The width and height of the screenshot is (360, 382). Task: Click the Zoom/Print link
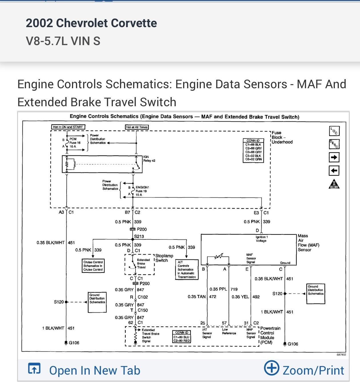pos(304,370)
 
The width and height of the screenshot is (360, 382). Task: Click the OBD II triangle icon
pos(334,184)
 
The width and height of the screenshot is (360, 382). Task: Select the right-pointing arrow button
pos(334,157)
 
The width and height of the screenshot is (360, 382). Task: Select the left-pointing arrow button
pos(334,171)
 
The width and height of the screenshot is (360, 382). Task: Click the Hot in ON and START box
pos(68,127)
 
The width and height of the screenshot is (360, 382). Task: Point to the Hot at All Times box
pos(137,127)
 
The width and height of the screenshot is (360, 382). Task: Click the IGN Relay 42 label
pos(149,159)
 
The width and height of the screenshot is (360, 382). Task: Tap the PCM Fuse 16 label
pos(75,143)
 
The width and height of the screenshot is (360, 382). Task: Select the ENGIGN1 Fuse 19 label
pos(142,191)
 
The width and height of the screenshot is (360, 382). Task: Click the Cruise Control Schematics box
pos(93,266)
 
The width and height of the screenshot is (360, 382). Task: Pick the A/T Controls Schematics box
pos(187,270)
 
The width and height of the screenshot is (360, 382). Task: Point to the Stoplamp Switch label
pos(164,258)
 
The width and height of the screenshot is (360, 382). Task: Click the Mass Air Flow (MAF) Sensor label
pos(308,243)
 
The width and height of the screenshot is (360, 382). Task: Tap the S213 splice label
pos(139,236)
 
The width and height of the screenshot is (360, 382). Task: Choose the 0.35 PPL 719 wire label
pos(223,289)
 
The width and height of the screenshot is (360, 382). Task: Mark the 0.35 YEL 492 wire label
pos(245,297)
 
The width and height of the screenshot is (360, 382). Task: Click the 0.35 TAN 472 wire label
pos(202,297)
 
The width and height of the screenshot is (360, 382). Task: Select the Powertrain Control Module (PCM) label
pos(270,335)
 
